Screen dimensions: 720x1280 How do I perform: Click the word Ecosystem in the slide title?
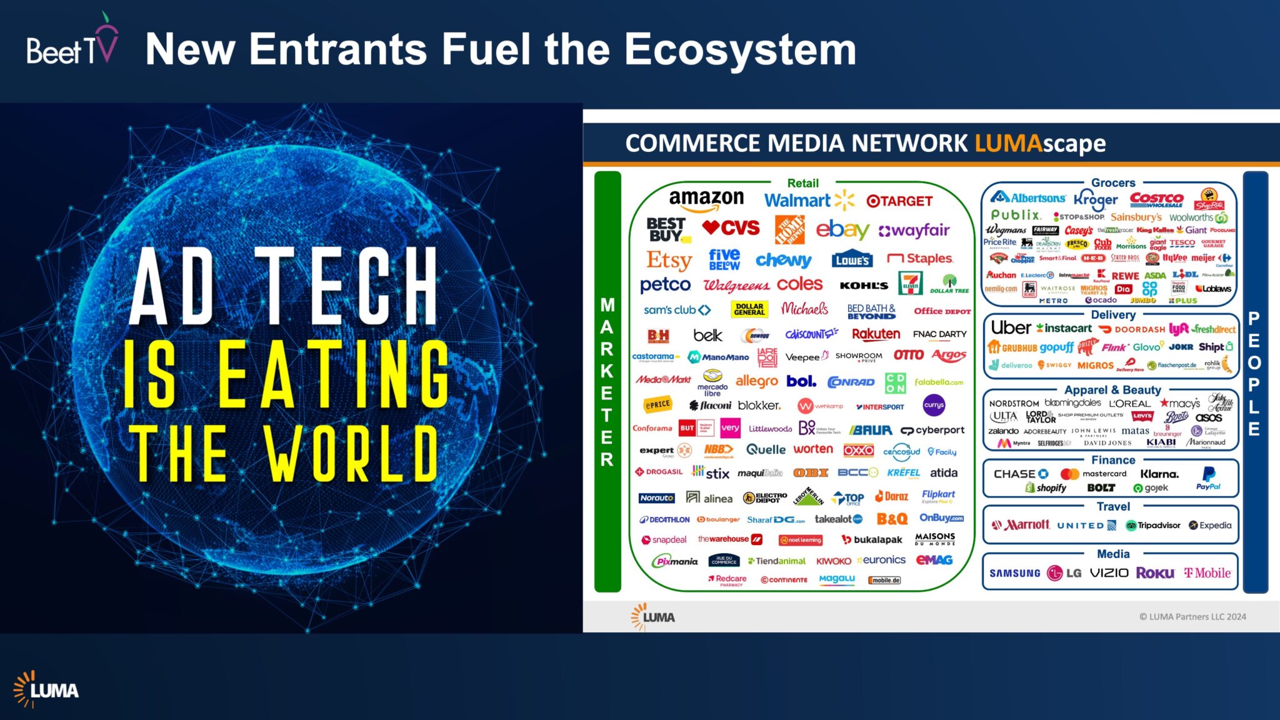tap(740, 50)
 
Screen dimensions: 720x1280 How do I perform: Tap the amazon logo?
tap(706, 200)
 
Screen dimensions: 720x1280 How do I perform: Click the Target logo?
tap(899, 201)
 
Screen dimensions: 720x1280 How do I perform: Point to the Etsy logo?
tap(669, 260)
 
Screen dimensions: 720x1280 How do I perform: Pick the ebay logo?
tap(842, 230)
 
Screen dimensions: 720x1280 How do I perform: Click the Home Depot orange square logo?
tap(789, 230)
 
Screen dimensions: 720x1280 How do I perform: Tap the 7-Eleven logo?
tap(910, 283)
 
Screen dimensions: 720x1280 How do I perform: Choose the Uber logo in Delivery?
tap(1011, 328)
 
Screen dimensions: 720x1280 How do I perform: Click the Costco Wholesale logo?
tap(1156, 199)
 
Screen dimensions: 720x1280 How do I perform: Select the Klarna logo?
tap(1159, 474)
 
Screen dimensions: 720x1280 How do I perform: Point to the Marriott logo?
tap(1021, 525)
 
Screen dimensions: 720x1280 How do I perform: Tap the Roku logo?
tap(1155, 573)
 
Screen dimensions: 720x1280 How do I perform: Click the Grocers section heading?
tap(1113, 183)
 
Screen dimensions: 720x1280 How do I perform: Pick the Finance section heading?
tap(1113, 460)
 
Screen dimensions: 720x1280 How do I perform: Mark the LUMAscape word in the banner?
tap(1040, 144)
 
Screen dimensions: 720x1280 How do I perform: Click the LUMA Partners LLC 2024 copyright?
tap(1192, 617)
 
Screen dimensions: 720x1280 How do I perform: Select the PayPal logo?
tap(1208, 479)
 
